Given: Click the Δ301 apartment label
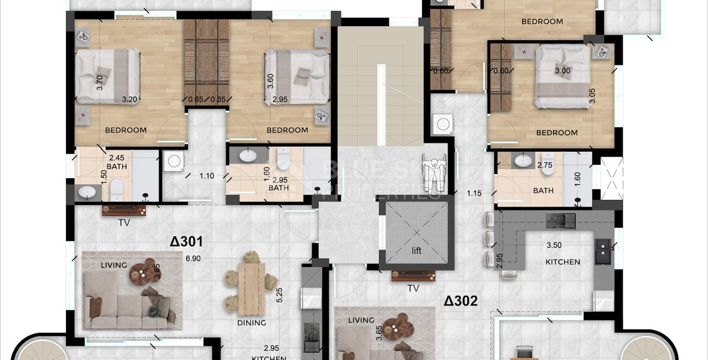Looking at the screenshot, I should click(x=186, y=242).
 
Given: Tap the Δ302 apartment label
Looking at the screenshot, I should click(x=461, y=301).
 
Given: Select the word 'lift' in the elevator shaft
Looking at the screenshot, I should click(x=417, y=251).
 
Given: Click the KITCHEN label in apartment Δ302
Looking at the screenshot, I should click(x=563, y=262).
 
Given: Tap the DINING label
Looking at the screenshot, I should click(x=251, y=322).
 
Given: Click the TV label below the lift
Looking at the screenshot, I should click(x=413, y=288).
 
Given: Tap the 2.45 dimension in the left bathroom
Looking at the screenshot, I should click(x=116, y=158).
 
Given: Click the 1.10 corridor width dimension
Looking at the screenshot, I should click(x=206, y=176).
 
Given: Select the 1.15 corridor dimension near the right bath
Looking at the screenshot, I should click(x=475, y=193).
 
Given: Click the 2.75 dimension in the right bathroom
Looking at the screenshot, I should click(x=544, y=164).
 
